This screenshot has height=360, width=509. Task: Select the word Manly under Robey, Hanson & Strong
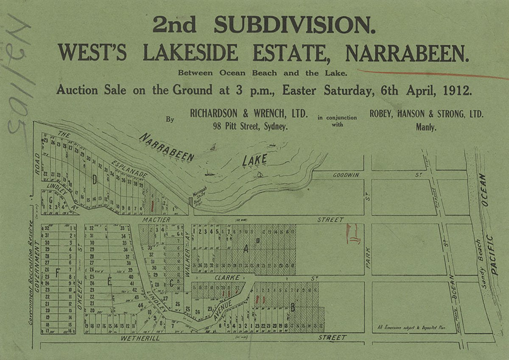(426, 126)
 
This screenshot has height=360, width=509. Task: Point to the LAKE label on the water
(255, 160)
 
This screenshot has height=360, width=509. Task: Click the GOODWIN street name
(346, 175)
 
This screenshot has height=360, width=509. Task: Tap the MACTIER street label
(156, 220)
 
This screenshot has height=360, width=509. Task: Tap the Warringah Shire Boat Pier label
(199, 196)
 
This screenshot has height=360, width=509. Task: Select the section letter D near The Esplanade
(94, 180)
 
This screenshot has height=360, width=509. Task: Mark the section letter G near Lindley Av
(50, 199)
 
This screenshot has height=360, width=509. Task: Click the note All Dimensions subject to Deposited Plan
(406, 327)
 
